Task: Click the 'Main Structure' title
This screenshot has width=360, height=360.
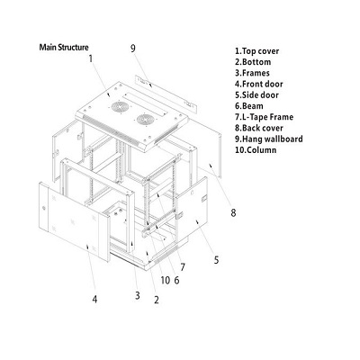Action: pos(64,48)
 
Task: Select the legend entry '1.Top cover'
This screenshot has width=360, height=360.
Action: pos(256,51)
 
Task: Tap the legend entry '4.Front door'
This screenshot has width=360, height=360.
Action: pos(259,84)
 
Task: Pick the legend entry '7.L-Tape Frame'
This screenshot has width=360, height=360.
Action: pos(264,117)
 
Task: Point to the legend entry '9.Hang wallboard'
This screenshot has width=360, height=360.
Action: pos(269,139)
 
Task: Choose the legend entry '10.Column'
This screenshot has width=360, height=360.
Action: pos(256,150)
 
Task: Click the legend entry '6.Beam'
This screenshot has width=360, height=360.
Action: pos(249,106)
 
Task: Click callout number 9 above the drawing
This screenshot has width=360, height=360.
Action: pos(133,49)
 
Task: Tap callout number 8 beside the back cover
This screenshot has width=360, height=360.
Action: pos(233,213)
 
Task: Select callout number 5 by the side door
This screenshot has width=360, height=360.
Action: pos(216,260)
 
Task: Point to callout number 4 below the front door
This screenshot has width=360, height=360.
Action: pos(94,299)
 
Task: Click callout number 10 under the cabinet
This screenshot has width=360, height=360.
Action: pos(166,280)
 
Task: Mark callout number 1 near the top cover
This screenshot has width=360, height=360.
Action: pos(91,58)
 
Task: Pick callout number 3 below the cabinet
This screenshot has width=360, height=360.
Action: pos(138,295)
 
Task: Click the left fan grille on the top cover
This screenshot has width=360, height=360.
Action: pos(120,107)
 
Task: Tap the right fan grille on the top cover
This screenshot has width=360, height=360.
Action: pos(146,120)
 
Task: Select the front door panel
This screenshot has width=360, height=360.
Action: pos(74,221)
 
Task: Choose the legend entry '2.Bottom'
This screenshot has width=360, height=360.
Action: pos(253,62)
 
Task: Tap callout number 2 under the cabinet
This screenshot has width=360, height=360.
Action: pos(157,300)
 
